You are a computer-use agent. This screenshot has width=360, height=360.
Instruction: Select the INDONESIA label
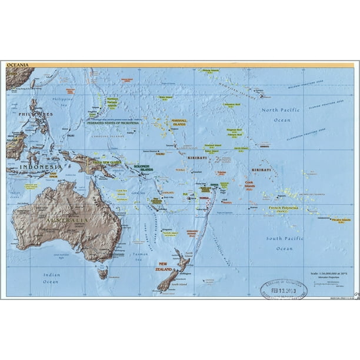tap(37, 167)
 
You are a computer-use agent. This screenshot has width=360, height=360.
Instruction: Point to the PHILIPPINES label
tap(35, 114)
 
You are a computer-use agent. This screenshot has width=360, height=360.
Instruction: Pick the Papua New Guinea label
tap(106, 162)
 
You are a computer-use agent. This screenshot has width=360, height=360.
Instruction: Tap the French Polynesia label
tap(284, 208)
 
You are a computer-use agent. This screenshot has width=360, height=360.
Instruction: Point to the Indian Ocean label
tap(51, 278)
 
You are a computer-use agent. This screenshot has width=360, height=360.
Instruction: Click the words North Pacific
tap(281, 110)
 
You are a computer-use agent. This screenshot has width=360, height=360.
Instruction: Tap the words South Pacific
tap(284, 238)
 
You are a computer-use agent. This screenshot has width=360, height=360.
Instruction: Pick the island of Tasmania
tap(103, 273)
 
